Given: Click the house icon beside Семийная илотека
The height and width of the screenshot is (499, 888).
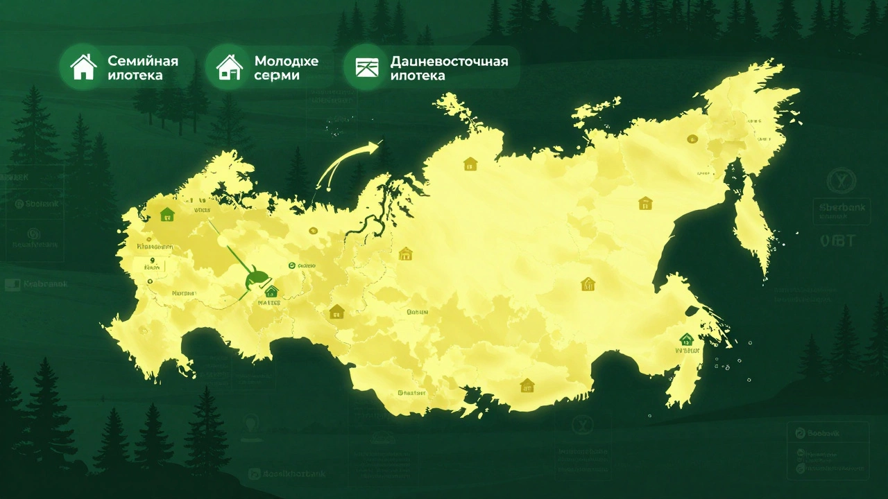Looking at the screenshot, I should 83,67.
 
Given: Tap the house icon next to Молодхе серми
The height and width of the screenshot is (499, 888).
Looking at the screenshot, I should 229,67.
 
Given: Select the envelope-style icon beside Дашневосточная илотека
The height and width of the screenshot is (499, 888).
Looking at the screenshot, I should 366,67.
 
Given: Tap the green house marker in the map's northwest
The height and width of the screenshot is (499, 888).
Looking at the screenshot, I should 166,213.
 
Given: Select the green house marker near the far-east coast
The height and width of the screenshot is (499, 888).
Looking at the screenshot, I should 686,339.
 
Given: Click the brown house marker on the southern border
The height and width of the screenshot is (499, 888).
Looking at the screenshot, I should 527,385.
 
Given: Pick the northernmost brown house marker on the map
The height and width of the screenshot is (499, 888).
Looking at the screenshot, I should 470,164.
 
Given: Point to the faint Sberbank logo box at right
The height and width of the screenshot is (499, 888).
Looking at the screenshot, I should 842,211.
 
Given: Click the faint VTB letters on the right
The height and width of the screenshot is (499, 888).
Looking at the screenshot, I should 838,240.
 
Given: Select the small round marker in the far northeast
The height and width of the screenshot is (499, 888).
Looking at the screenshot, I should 691,137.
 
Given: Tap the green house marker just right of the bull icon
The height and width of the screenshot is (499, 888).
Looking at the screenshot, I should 271,291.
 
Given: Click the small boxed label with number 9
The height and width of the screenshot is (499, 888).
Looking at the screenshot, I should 152,264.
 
